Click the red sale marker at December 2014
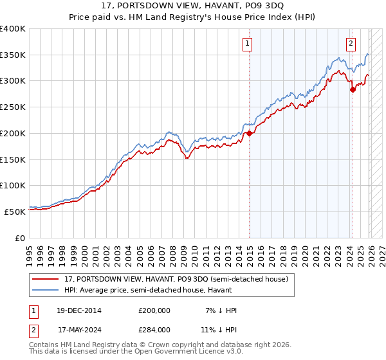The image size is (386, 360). (x=249, y=134)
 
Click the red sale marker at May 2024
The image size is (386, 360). (x=353, y=90)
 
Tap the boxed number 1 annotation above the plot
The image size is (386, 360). (x=248, y=44)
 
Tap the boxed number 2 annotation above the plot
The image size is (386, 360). (x=351, y=44)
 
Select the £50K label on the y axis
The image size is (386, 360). (x=15, y=212)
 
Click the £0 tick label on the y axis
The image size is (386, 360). (x=20, y=238)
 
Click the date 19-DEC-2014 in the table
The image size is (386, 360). (x=75, y=310)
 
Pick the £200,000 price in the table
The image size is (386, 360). (x=154, y=310)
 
